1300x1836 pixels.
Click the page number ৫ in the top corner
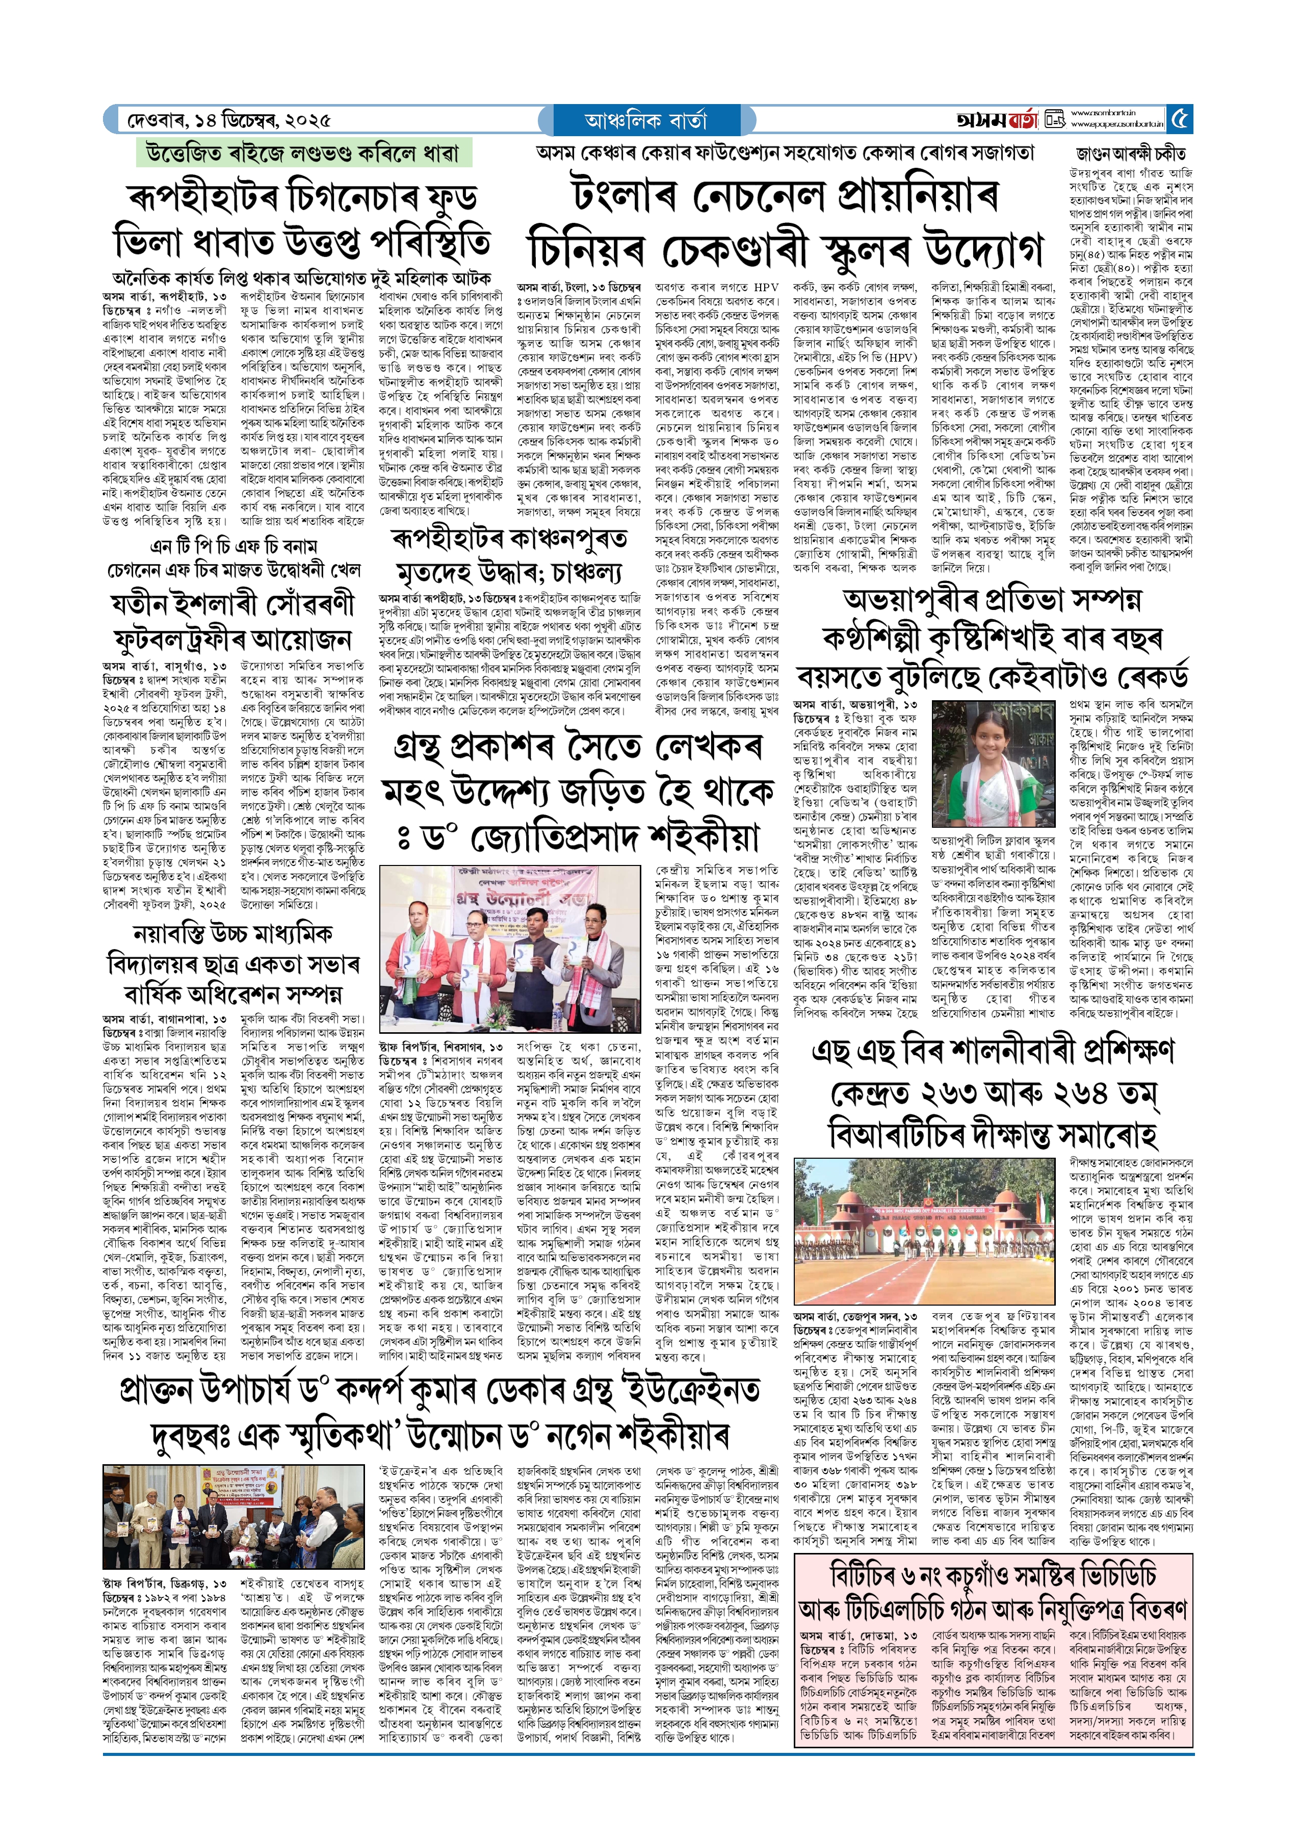(x=1180, y=120)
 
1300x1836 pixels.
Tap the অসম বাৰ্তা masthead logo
(x=997, y=120)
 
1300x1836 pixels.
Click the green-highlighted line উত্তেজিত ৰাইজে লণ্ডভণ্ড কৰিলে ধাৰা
(x=303, y=152)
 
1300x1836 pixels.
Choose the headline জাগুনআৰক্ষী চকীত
(x=1130, y=154)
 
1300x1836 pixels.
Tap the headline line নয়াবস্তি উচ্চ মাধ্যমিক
(x=232, y=934)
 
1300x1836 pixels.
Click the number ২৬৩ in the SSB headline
(x=965, y=1092)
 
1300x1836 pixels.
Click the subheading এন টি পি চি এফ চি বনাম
(x=233, y=546)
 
